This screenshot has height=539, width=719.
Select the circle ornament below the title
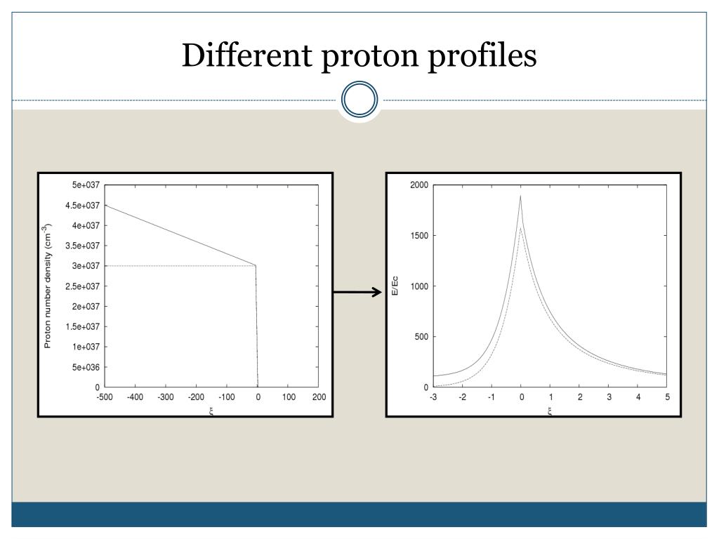(x=359, y=100)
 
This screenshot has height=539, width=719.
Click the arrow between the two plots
(x=357, y=293)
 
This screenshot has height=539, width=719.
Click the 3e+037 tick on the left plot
(x=86, y=266)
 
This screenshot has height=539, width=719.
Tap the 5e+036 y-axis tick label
(x=86, y=367)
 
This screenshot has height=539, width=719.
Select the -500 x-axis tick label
(x=105, y=397)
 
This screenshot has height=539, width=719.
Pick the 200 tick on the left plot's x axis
(x=318, y=397)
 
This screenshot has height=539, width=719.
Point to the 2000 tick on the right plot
(x=419, y=185)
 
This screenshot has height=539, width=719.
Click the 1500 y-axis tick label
(x=419, y=236)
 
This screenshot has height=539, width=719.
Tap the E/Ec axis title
(x=395, y=286)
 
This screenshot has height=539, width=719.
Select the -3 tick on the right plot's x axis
(x=433, y=397)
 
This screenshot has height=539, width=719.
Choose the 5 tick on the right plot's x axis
(x=667, y=397)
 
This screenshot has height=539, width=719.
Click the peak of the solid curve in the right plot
(x=520, y=196)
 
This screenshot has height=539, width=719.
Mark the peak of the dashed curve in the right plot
(x=520, y=227)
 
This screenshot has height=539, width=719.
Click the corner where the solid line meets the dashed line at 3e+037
(x=255, y=265)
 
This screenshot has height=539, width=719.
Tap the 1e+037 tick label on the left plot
(x=86, y=347)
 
